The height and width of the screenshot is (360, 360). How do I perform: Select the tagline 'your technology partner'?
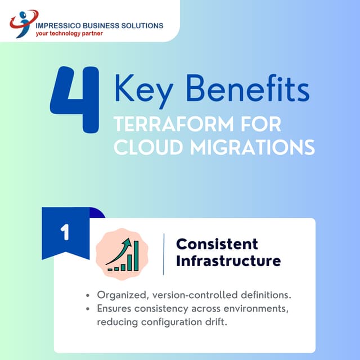pos(69,33)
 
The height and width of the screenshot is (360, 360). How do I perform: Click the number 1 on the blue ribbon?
pos(65,233)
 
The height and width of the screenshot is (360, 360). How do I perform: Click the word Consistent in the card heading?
pos(217,244)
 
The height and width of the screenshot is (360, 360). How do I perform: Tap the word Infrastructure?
pos(228,261)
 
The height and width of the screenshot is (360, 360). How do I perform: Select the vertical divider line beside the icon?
pos(164,254)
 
